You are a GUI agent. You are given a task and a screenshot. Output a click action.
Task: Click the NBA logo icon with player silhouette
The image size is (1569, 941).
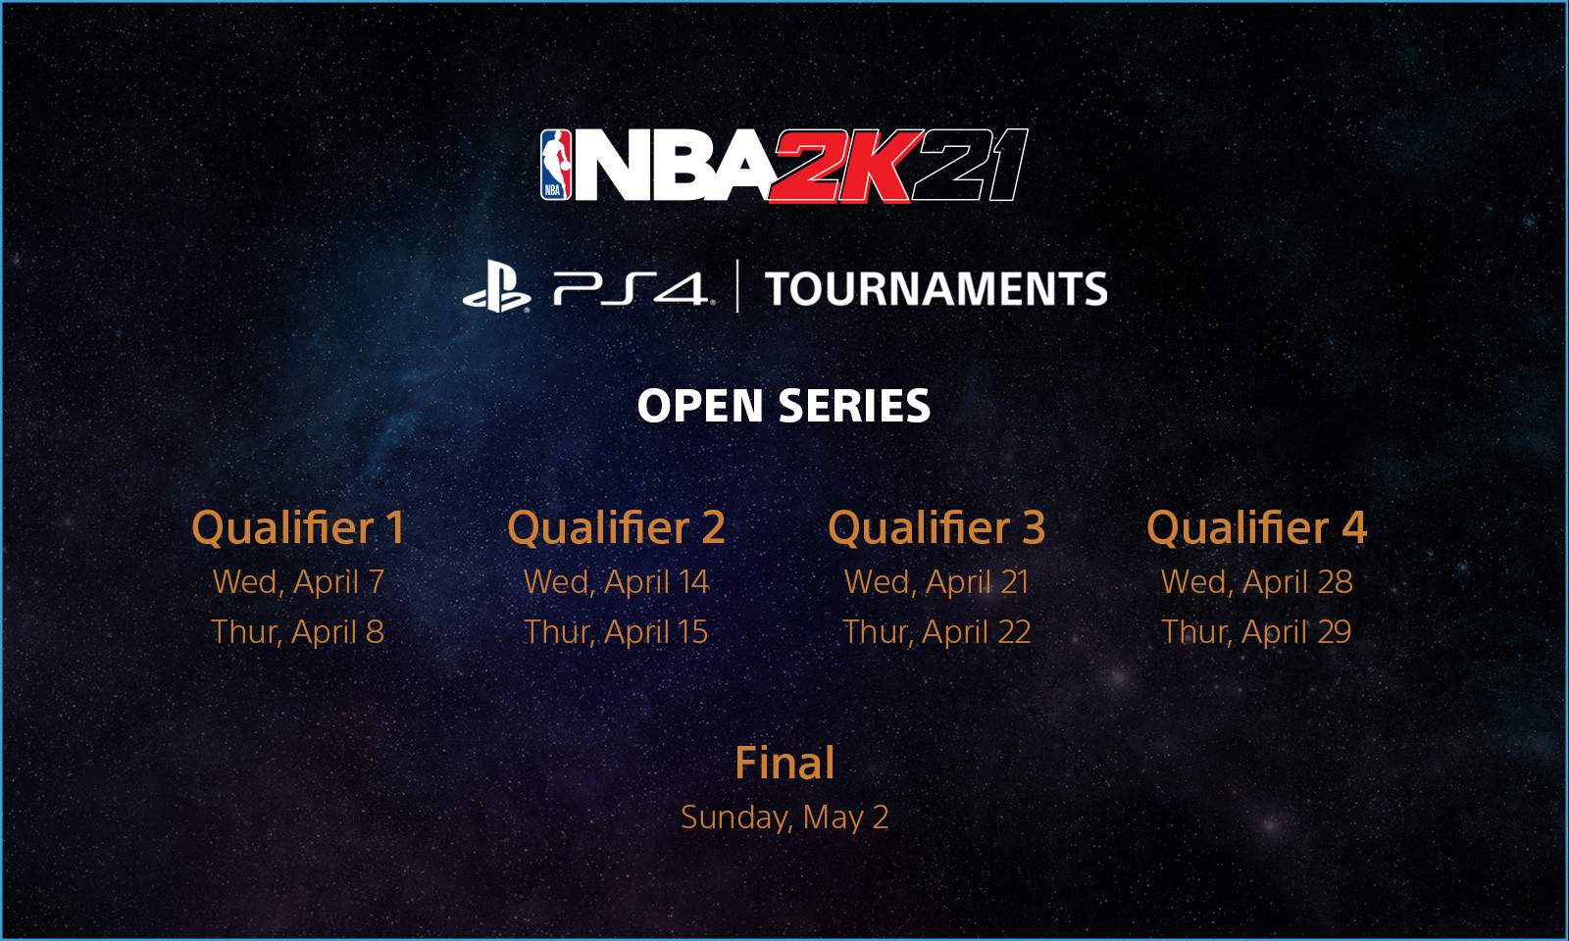click(555, 165)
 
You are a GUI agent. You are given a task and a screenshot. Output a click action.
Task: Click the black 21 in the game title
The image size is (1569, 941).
click(970, 166)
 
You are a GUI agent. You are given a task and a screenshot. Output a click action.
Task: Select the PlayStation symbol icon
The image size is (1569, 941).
click(496, 286)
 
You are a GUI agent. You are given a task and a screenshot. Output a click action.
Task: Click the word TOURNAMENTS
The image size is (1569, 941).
click(936, 289)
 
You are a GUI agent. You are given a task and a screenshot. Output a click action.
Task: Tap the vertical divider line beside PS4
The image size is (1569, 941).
click(737, 285)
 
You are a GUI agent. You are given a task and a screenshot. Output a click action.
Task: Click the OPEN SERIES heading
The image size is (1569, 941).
click(784, 406)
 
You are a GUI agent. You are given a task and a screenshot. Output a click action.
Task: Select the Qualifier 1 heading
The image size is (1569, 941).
click(298, 528)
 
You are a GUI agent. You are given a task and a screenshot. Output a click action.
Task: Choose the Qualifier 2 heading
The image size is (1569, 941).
click(617, 528)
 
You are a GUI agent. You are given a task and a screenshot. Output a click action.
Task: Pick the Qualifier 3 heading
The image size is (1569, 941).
click(936, 528)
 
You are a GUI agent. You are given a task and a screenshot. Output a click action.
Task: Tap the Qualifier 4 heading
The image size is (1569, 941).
click(1256, 528)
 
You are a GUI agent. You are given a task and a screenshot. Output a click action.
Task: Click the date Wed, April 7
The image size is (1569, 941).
click(298, 582)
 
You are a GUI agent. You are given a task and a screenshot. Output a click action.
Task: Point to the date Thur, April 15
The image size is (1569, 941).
click(617, 632)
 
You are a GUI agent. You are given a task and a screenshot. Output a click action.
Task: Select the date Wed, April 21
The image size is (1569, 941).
click(936, 582)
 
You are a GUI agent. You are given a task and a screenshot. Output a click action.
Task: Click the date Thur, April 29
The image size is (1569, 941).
click(1256, 632)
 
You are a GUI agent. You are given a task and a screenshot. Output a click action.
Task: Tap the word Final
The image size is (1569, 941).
click(784, 763)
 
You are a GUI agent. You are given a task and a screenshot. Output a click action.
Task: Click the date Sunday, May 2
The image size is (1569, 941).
click(784, 817)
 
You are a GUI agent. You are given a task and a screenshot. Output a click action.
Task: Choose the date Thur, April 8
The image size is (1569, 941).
click(298, 632)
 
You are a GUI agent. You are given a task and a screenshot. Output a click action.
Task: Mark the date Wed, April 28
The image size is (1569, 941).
click(1256, 582)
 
